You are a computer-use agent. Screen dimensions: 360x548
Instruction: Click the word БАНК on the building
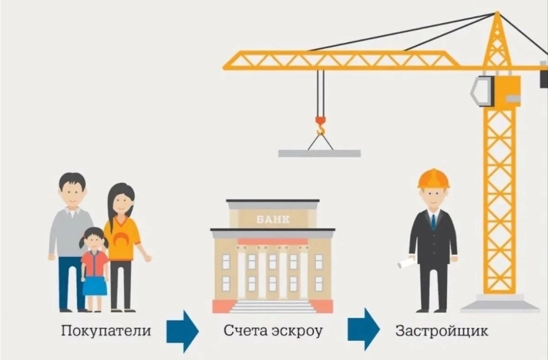(x=273, y=219)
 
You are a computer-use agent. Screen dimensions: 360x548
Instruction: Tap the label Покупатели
(x=106, y=332)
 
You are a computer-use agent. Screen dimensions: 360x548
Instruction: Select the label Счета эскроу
(x=273, y=332)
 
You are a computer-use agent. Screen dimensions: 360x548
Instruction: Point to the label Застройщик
(x=442, y=332)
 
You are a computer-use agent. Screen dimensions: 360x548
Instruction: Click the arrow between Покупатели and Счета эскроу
(x=183, y=331)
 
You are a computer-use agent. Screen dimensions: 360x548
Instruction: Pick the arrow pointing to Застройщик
(x=364, y=329)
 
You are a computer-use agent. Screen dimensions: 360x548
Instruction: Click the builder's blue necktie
(x=433, y=221)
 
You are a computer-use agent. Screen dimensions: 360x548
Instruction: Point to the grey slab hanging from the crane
(x=319, y=153)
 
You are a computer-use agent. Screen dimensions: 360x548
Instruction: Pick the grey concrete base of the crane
(x=500, y=305)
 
